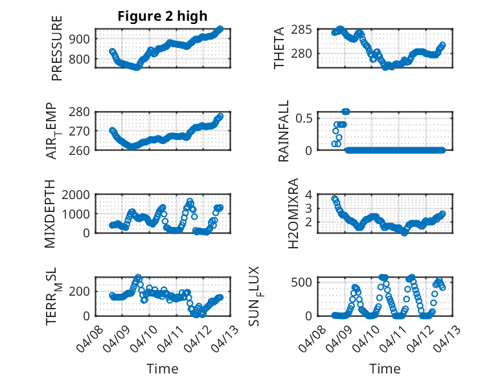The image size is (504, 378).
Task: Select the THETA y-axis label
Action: click(279, 49)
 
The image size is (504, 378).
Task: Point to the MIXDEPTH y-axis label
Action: click(52, 214)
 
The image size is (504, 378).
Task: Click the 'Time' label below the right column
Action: click(385, 369)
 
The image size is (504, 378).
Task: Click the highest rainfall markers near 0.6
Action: click(346, 112)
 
